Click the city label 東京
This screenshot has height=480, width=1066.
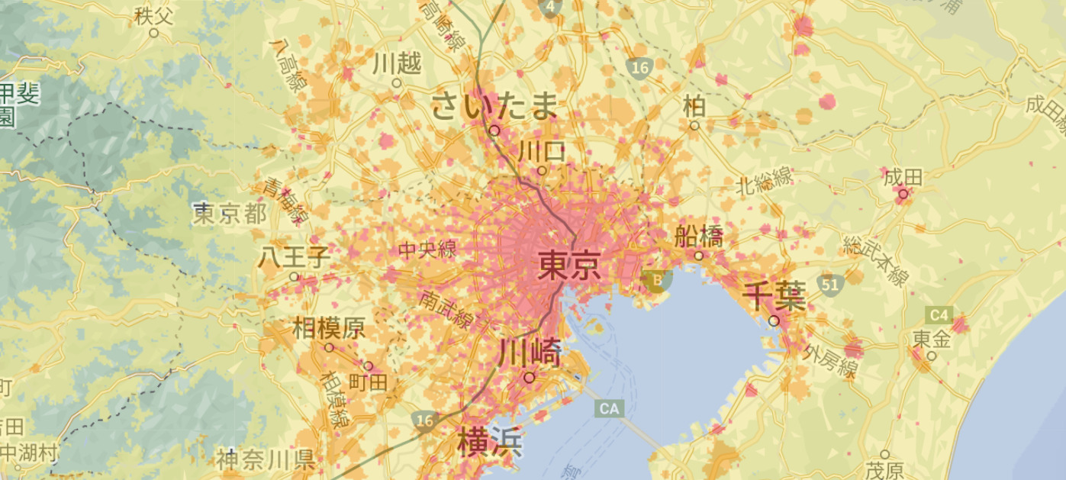(x=568, y=266)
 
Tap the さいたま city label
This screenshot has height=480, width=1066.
(x=494, y=106)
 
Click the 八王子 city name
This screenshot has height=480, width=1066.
(x=294, y=256)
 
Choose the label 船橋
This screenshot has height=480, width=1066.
(x=698, y=236)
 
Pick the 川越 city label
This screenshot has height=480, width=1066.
(x=397, y=64)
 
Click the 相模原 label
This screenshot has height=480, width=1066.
(x=329, y=329)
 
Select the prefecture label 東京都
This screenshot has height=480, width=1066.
(x=230, y=213)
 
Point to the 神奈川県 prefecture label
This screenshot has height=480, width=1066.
(x=266, y=459)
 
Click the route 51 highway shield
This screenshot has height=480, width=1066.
(x=829, y=284)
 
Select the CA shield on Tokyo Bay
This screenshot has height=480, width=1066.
(x=609, y=409)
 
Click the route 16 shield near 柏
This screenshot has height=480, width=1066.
(x=639, y=69)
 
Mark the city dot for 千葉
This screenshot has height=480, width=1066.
(x=774, y=321)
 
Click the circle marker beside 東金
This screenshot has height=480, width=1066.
(x=931, y=355)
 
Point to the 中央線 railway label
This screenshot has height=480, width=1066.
(x=427, y=249)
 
